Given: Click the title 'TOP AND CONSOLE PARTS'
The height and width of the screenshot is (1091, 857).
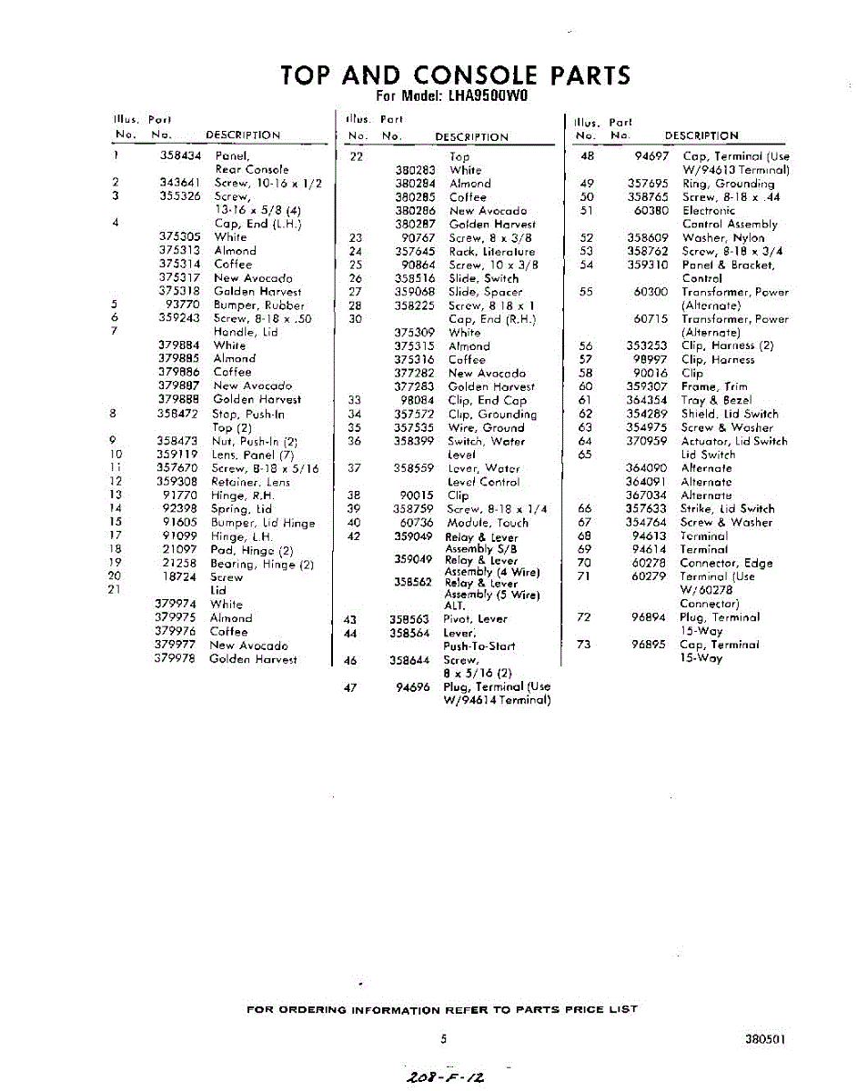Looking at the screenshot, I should [x=455, y=75].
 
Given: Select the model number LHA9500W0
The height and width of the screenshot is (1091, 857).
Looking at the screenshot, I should [x=489, y=96].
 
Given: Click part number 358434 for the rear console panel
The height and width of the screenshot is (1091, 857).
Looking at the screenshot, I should [x=180, y=155].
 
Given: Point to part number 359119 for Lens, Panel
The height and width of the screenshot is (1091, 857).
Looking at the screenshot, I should [x=177, y=455].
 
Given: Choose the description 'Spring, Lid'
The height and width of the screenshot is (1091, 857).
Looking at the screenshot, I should [x=241, y=509].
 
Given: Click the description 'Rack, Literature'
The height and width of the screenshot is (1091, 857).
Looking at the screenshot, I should [x=491, y=251].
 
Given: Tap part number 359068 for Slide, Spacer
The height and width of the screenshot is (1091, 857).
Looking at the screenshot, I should [x=414, y=292].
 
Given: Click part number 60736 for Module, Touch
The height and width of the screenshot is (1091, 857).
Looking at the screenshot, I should [x=417, y=523].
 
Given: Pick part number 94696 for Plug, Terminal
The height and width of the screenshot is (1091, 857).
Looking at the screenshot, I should [x=413, y=687].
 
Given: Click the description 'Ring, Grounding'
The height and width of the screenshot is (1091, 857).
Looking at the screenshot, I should [x=728, y=184].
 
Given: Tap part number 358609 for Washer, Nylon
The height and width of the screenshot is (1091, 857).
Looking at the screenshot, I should [x=648, y=238].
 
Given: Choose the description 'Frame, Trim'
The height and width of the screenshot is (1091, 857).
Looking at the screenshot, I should [x=714, y=386].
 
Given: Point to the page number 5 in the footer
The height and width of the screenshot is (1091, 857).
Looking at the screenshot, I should [x=443, y=1038].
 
